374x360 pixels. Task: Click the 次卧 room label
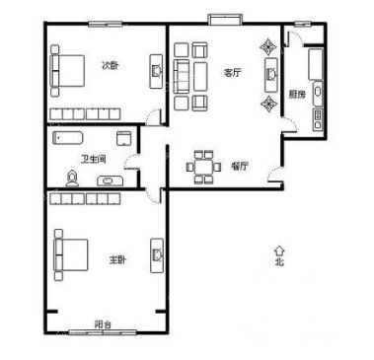110,65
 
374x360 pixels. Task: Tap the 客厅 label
233,72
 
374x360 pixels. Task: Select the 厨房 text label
297,95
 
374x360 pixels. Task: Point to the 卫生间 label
94,160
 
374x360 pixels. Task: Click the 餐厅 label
240,166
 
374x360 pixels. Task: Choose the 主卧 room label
117,259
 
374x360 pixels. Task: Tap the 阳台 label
103,324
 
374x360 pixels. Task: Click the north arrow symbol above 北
279,252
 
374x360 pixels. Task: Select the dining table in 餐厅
203,167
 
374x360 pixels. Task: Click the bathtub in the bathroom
67,138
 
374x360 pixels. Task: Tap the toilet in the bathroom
72,179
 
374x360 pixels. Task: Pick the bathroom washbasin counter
111,180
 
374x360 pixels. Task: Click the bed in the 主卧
71,254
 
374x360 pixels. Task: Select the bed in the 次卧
68,70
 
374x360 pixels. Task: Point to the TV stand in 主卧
157,255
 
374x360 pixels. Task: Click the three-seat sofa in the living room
182,76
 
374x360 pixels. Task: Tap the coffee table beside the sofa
200,77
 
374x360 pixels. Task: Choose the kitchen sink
318,91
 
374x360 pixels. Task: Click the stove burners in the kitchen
318,119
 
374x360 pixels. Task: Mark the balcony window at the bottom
103,332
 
